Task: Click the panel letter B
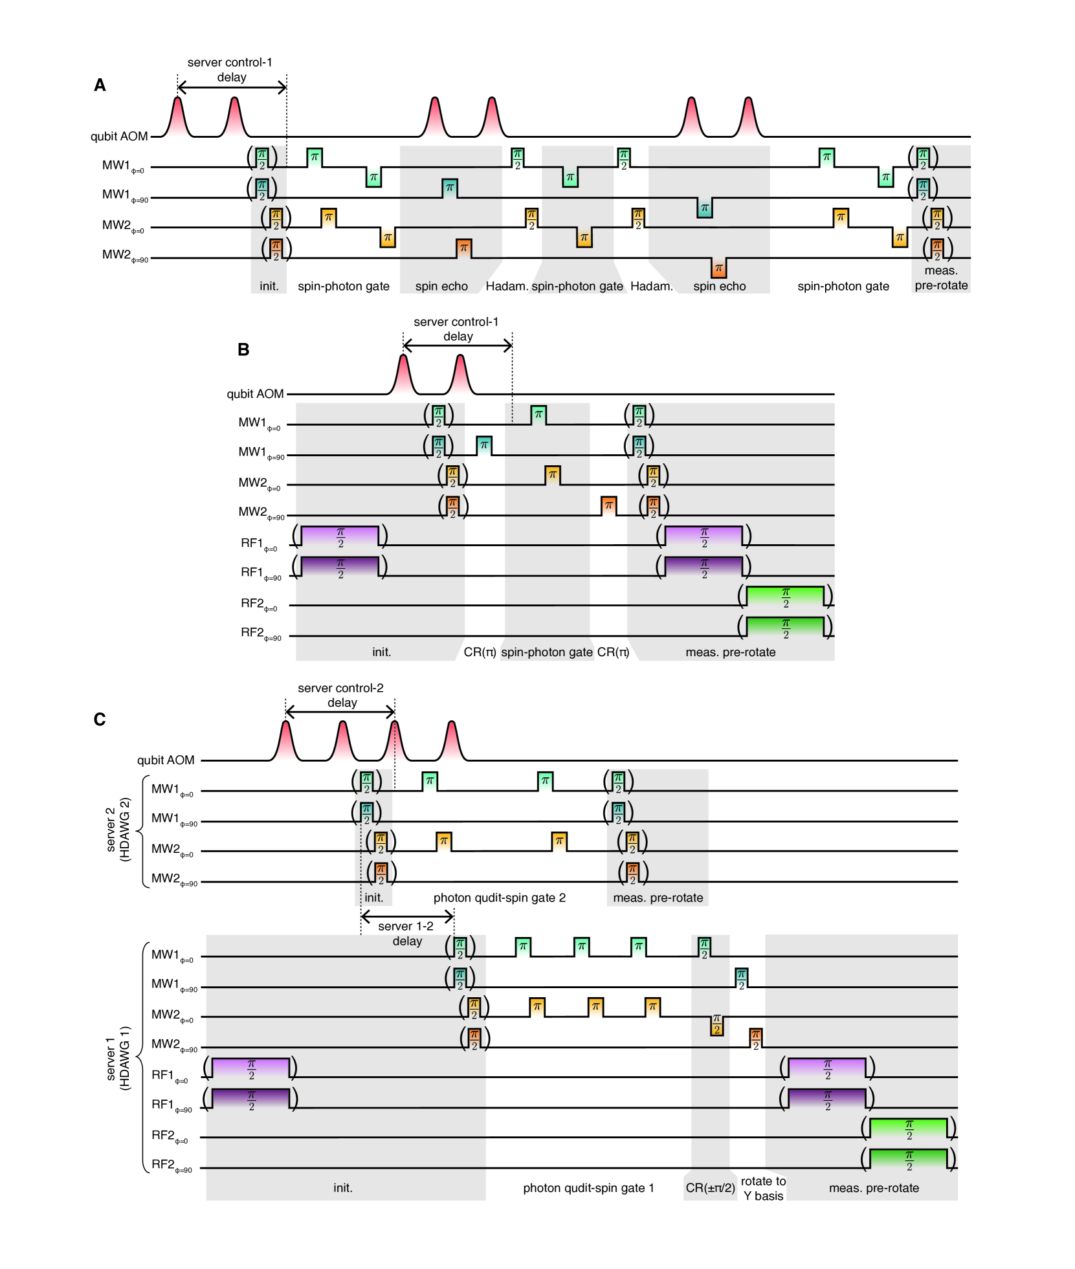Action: point(243,349)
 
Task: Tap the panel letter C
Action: point(100,720)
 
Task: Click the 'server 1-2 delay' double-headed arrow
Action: point(407,916)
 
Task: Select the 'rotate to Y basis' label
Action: point(763,1188)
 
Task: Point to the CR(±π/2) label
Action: point(710,1188)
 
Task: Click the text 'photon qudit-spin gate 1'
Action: point(588,1188)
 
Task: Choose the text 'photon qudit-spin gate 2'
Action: point(499,898)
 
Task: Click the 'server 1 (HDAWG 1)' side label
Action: point(118,1057)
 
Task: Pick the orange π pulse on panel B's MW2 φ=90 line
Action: point(608,505)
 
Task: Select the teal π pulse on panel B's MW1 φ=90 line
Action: point(483,445)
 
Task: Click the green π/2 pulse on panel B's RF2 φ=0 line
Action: point(785,596)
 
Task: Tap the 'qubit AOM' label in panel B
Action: point(255,394)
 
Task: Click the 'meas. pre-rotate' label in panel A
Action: point(941,278)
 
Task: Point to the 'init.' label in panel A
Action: point(269,286)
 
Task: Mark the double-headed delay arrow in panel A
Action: point(232,87)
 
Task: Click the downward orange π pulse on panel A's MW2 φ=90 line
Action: point(718,267)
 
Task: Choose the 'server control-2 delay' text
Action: point(341,695)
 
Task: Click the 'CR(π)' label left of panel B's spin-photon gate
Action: point(480,652)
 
